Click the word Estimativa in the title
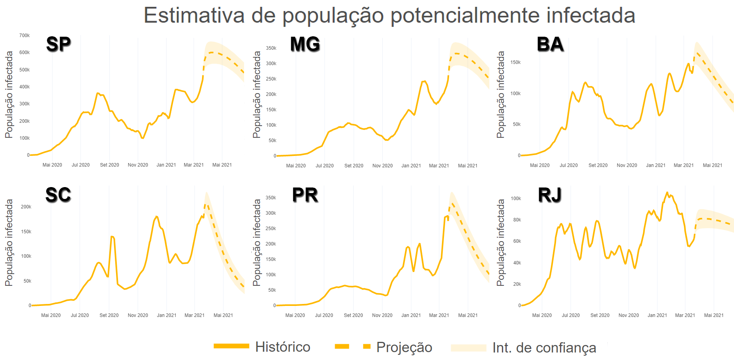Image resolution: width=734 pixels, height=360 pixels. click(194, 16)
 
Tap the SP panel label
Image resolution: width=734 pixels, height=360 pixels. click(58, 44)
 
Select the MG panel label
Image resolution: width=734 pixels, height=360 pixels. click(305, 44)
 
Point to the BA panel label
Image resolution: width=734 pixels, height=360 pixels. click(550, 44)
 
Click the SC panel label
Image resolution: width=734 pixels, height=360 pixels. click(58, 195)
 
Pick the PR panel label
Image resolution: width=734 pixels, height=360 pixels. click(305, 195)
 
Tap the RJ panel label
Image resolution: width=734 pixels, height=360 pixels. click(549, 195)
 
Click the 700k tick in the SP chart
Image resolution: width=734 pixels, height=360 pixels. click(24, 36)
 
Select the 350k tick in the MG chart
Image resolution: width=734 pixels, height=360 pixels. click(271, 48)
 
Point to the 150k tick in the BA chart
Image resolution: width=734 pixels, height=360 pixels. click(515, 62)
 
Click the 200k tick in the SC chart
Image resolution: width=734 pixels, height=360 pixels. click(26, 207)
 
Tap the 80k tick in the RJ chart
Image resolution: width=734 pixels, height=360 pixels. click(517, 220)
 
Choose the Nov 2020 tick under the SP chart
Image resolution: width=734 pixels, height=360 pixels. click(138, 165)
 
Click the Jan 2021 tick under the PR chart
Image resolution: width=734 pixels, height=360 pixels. click(411, 315)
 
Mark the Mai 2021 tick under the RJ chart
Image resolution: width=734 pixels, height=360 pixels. click(713, 315)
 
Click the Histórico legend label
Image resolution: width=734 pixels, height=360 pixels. click(283, 347)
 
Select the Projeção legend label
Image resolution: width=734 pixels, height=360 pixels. click(404, 347)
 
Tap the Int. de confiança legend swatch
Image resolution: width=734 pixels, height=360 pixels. click(468, 347)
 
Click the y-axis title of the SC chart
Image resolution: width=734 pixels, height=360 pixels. click(9, 242)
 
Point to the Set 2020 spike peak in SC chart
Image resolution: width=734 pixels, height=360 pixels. click(112, 236)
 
